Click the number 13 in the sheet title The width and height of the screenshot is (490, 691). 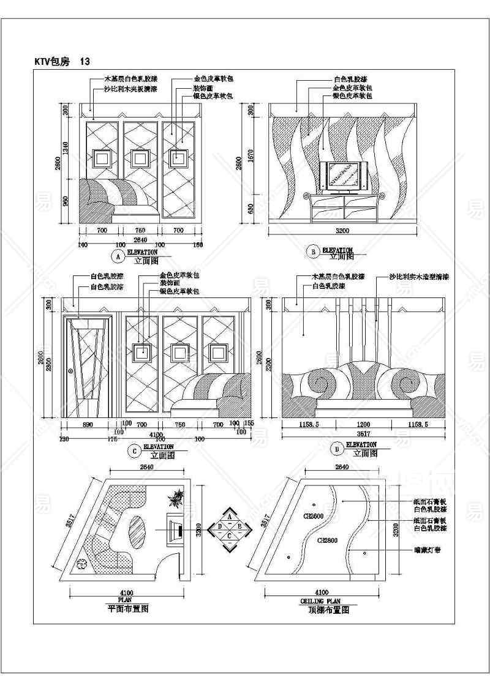tap(85, 62)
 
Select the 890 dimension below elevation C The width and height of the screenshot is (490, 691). tap(88, 424)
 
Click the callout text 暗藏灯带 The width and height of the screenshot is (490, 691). tap(428, 550)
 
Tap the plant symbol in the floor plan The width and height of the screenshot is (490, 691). tap(176, 499)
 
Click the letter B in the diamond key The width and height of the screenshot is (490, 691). tap(241, 526)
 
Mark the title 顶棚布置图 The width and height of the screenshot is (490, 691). tap(328, 610)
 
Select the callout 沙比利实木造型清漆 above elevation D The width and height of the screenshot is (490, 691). tap(420, 277)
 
